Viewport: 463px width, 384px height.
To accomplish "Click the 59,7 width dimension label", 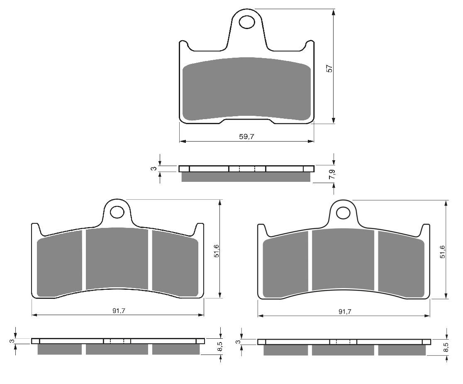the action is pos(246,137).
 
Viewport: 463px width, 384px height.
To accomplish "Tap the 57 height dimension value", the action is pos(329,68).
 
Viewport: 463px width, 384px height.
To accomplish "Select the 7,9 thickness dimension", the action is pos(332,174).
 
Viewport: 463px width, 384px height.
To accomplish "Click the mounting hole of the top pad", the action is pos(247,22).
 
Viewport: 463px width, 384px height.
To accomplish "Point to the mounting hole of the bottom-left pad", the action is pos(117,212).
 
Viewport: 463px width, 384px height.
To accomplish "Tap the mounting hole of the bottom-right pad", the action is pos(343,213).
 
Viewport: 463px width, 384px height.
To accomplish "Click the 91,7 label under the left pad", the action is pos(118,311).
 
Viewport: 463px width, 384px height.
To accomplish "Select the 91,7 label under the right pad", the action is pos(344,311).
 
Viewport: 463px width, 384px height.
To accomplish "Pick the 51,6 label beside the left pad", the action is pos(216,251).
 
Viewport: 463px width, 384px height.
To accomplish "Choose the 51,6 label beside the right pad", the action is pos(442,252).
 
